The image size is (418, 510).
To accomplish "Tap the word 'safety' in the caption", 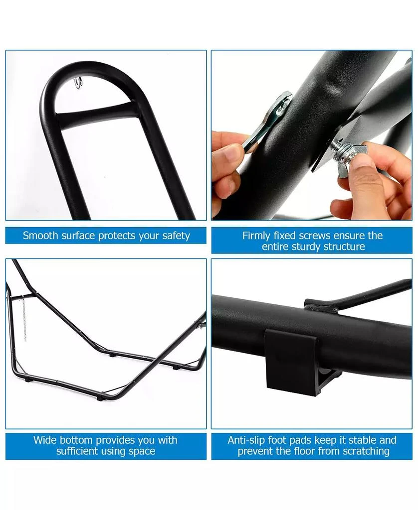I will point(175,236).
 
